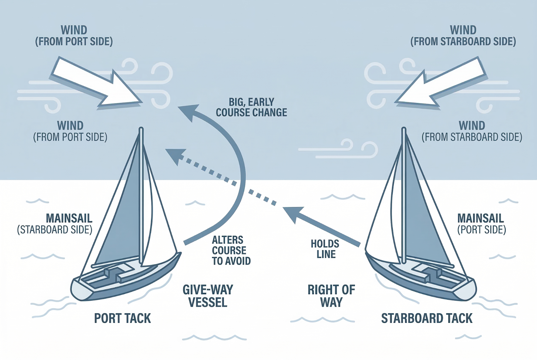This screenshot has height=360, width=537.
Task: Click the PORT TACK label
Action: pos(122,318)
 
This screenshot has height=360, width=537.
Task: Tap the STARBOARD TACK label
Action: pos(427,318)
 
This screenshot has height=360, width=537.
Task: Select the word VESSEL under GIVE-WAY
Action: pos(208,302)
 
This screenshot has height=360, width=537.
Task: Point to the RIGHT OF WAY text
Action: pos(331,296)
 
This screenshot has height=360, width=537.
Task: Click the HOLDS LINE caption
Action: pos(325,249)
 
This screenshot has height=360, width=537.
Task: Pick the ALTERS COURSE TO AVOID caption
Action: pos(231,251)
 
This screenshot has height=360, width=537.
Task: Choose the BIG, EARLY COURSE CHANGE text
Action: pos(251,107)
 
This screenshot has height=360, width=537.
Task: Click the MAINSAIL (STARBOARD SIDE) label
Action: pos(55,224)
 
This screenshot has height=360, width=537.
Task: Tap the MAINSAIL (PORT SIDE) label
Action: pos(481,224)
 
